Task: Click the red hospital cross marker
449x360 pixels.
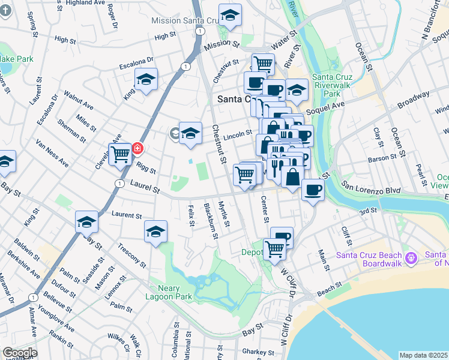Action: pyautogui.click(x=136, y=148)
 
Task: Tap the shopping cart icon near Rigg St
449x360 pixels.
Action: pyautogui.click(x=120, y=154)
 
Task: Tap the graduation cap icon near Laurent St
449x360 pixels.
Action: pyautogui.click(x=86, y=222)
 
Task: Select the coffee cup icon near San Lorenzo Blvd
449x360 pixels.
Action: pyautogui.click(x=312, y=190)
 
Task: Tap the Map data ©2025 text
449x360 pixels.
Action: pyautogui.click(x=424, y=355)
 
